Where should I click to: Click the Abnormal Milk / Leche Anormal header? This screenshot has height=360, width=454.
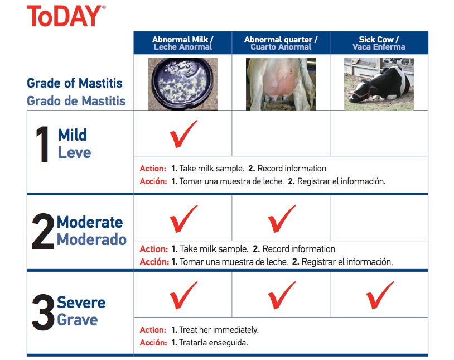[x=182, y=43]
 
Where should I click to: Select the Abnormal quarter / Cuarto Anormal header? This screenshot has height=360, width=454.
[x=281, y=43]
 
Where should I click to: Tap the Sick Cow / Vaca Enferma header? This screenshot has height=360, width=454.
[x=379, y=43]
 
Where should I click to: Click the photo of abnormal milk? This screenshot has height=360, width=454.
[x=182, y=84]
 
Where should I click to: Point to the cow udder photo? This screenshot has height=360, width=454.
[x=281, y=84]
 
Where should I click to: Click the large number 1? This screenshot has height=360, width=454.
[x=44, y=145]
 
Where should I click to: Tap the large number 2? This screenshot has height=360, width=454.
[x=43, y=232]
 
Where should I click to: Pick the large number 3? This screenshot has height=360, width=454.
[x=43, y=312]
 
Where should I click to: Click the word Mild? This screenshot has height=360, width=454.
[x=73, y=135]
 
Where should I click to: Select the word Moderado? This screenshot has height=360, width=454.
[x=91, y=240]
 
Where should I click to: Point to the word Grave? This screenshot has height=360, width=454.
[x=77, y=320]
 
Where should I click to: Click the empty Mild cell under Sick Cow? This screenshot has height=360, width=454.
[x=379, y=133]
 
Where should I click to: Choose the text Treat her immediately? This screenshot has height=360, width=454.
[x=218, y=330]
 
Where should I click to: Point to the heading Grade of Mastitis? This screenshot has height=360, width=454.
[x=75, y=84]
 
